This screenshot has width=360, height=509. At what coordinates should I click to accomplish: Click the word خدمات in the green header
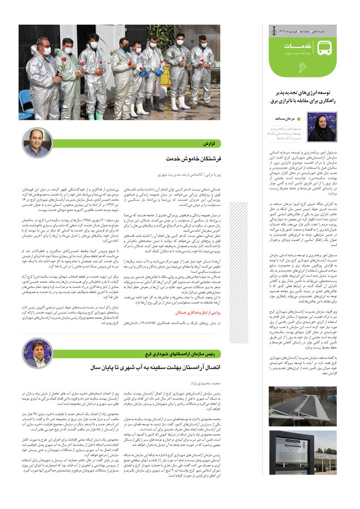click(295, 47)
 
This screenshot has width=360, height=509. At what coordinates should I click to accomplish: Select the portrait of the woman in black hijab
click(321, 126)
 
